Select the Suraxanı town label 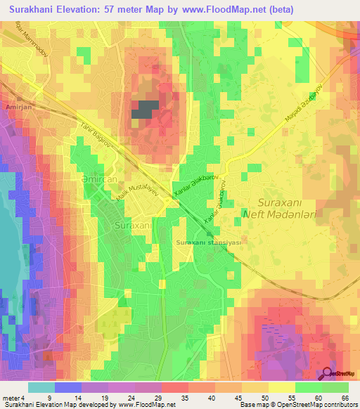click(132, 226)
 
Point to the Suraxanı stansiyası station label click(209, 242)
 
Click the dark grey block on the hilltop click(144, 110)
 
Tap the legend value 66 click(344, 397)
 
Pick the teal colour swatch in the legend click(41, 387)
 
